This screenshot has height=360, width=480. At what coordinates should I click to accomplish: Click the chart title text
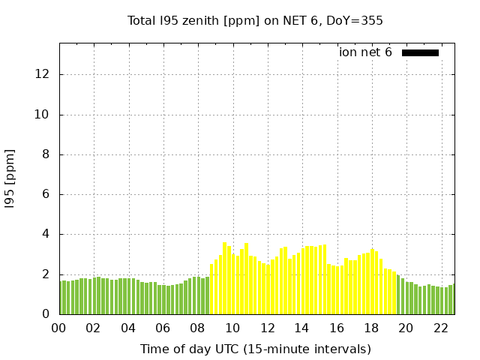(255, 21)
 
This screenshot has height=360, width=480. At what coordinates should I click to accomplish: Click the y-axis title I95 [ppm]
(10, 179)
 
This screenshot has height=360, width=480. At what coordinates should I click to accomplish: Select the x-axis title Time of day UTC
(255, 349)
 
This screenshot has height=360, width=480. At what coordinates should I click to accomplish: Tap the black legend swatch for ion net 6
(420, 52)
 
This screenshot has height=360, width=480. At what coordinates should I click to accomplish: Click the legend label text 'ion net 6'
(365, 52)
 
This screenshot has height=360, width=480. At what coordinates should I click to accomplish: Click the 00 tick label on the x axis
(59, 328)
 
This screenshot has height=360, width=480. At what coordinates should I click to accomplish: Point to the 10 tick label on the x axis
(232, 328)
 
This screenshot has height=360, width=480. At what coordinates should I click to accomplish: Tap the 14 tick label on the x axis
(301, 328)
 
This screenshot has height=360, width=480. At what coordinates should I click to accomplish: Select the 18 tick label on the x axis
(371, 328)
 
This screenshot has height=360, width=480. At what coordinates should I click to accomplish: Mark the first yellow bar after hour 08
(211, 289)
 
